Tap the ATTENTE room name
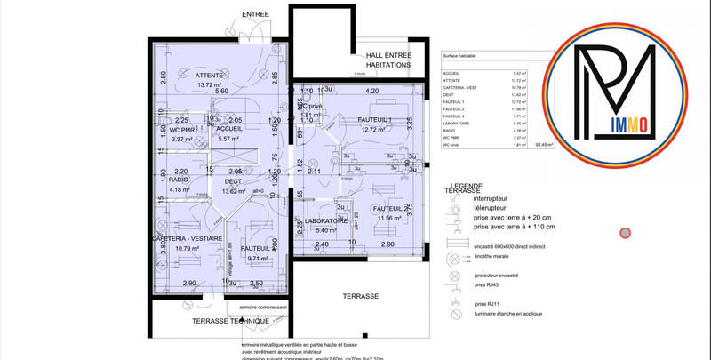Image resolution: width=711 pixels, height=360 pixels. click(x=210, y=76)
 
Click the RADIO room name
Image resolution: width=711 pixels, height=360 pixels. click(x=180, y=180)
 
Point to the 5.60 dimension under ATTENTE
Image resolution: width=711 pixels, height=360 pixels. click(x=221, y=92)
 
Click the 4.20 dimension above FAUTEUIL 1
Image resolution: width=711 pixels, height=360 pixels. click(x=372, y=91)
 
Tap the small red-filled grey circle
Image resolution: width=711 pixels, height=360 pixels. click(x=625, y=233)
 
